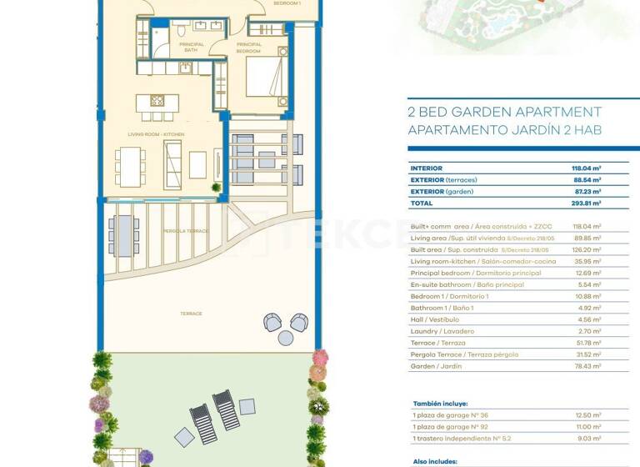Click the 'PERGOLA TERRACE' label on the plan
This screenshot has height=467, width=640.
(184, 230)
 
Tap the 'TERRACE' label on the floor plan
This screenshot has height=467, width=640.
(191, 314)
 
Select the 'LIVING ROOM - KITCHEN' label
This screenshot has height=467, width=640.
(156, 134)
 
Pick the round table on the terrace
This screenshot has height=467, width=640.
(286, 338)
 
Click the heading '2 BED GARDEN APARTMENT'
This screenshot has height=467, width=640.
(504, 112)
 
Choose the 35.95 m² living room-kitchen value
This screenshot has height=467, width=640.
(588, 261)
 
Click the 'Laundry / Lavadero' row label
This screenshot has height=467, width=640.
(442, 331)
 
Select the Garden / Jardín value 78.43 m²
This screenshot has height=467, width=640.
(588, 366)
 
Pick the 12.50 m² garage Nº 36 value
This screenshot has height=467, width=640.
(588, 414)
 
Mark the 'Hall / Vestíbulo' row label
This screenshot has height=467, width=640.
(437, 319)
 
